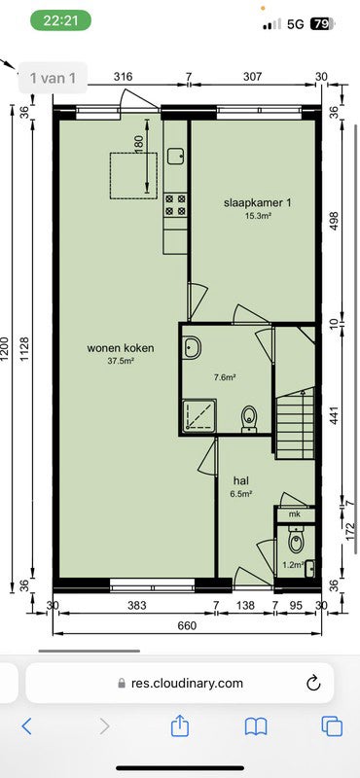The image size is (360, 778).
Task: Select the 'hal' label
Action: [x=241, y=480]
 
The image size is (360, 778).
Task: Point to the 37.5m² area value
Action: [x=121, y=361]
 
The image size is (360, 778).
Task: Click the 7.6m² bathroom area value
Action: [x=225, y=377]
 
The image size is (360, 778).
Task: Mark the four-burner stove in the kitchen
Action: [x=175, y=204]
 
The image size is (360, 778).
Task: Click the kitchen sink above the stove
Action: [x=175, y=155]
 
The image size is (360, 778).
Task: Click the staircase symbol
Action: [x=295, y=423]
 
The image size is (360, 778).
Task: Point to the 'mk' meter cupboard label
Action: [x=294, y=513]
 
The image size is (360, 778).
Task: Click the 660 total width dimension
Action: [x=187, y=625]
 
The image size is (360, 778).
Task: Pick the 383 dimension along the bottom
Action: [x=135, y=606]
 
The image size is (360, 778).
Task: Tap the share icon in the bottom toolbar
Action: [x=179, y=725]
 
